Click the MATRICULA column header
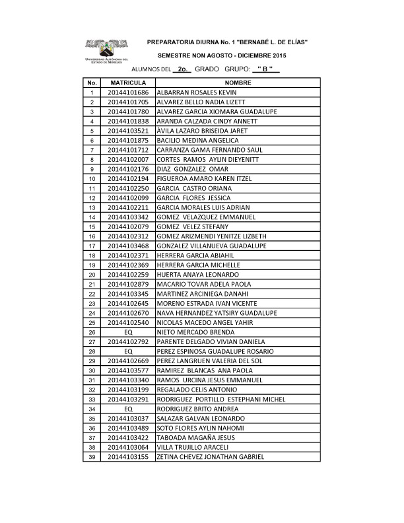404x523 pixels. pos(128,83)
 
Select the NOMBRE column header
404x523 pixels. pos(238,83)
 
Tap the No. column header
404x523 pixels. pos(92,83)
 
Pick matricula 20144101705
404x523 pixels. pos(129,102)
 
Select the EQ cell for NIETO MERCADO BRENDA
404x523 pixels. pos(129,332)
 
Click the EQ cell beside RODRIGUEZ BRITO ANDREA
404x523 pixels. pos(129,409)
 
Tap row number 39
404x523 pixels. pos(92,457)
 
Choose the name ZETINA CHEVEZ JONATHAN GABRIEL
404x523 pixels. pos(211,457)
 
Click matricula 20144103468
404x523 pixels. pos(129,246)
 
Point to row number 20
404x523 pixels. pos(92,275)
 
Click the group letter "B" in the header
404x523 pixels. pos(265,69)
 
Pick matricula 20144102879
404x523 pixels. pos(129,285)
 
